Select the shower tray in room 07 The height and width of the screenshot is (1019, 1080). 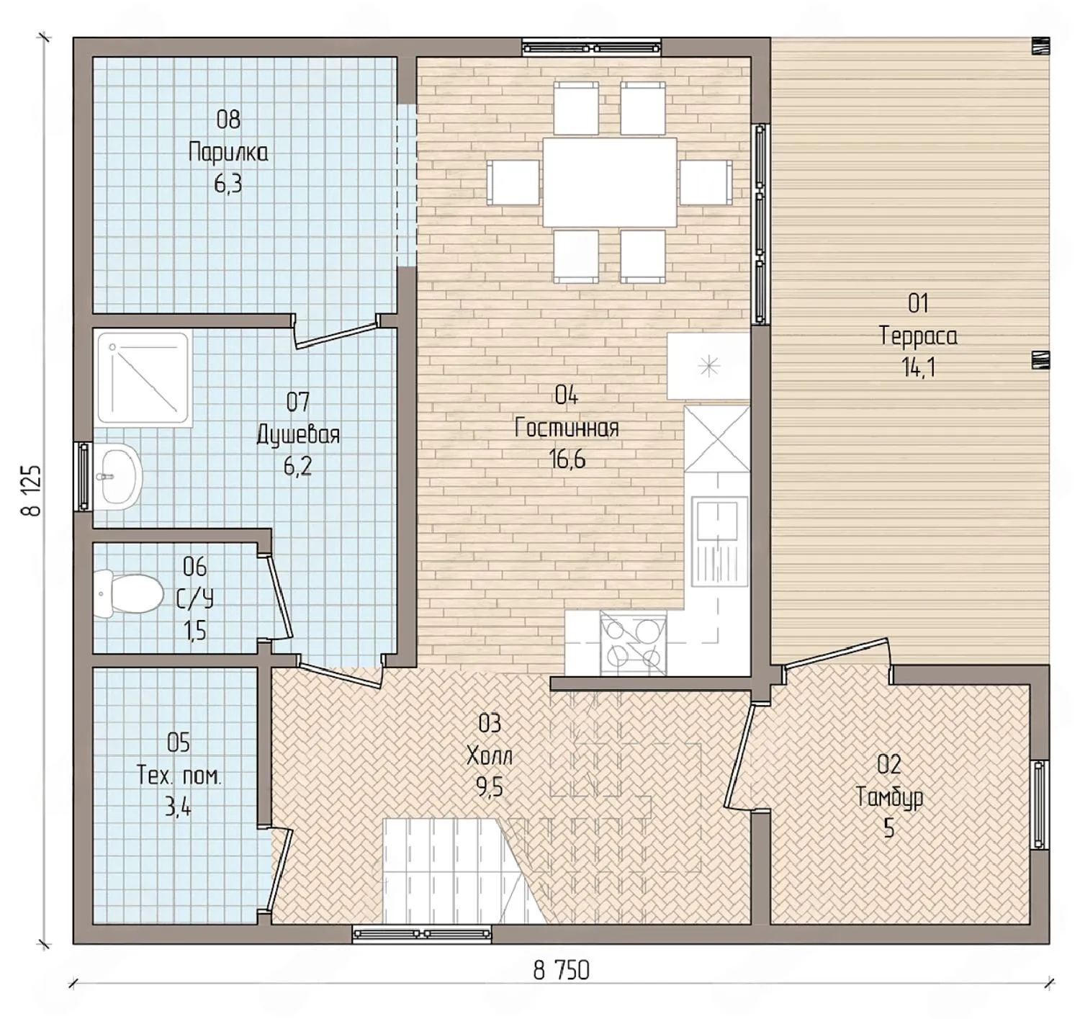tap(143, 380)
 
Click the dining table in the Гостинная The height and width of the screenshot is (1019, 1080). tap(610, 181)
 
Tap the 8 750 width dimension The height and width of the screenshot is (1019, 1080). tap(561, 970)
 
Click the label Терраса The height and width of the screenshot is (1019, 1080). tap(919, 336)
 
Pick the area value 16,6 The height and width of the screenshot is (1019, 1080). tap(567, 459)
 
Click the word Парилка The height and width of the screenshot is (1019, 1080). tap(228, 153)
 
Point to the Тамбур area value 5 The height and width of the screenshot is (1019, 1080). tap(888, 829)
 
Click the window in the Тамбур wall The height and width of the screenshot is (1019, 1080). tap(1039, 804)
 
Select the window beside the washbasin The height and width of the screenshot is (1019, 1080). tap(84, 476)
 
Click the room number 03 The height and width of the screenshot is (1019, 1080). tap(490, 724)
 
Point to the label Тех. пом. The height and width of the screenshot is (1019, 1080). tap(179, 776)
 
